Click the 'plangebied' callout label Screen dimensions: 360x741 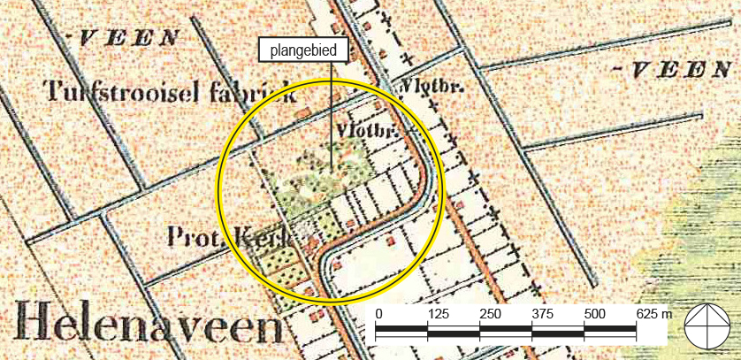[x=302, y=50]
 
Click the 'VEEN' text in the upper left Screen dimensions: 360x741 [x=129, y=38]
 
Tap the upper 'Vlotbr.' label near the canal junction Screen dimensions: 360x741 [x=422, y=88]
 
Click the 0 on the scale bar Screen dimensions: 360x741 [x=378, y=315]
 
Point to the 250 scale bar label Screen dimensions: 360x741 [x=490, y=315]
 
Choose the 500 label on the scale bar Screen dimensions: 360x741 [x=594, y=315]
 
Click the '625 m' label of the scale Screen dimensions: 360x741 [x=654, y=315]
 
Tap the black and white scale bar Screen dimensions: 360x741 [x=507, y=333]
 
